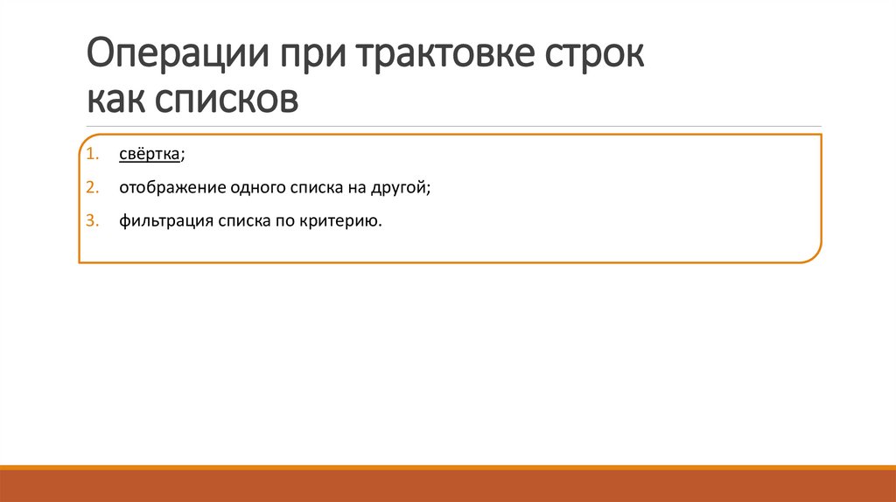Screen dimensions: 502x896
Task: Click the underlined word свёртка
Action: (150, 155)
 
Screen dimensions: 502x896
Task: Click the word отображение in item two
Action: (165, 188)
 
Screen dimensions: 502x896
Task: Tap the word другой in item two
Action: (402, 188)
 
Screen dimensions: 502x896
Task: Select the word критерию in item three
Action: (344, 221)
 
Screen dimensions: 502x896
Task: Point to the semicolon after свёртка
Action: (183, 156)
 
